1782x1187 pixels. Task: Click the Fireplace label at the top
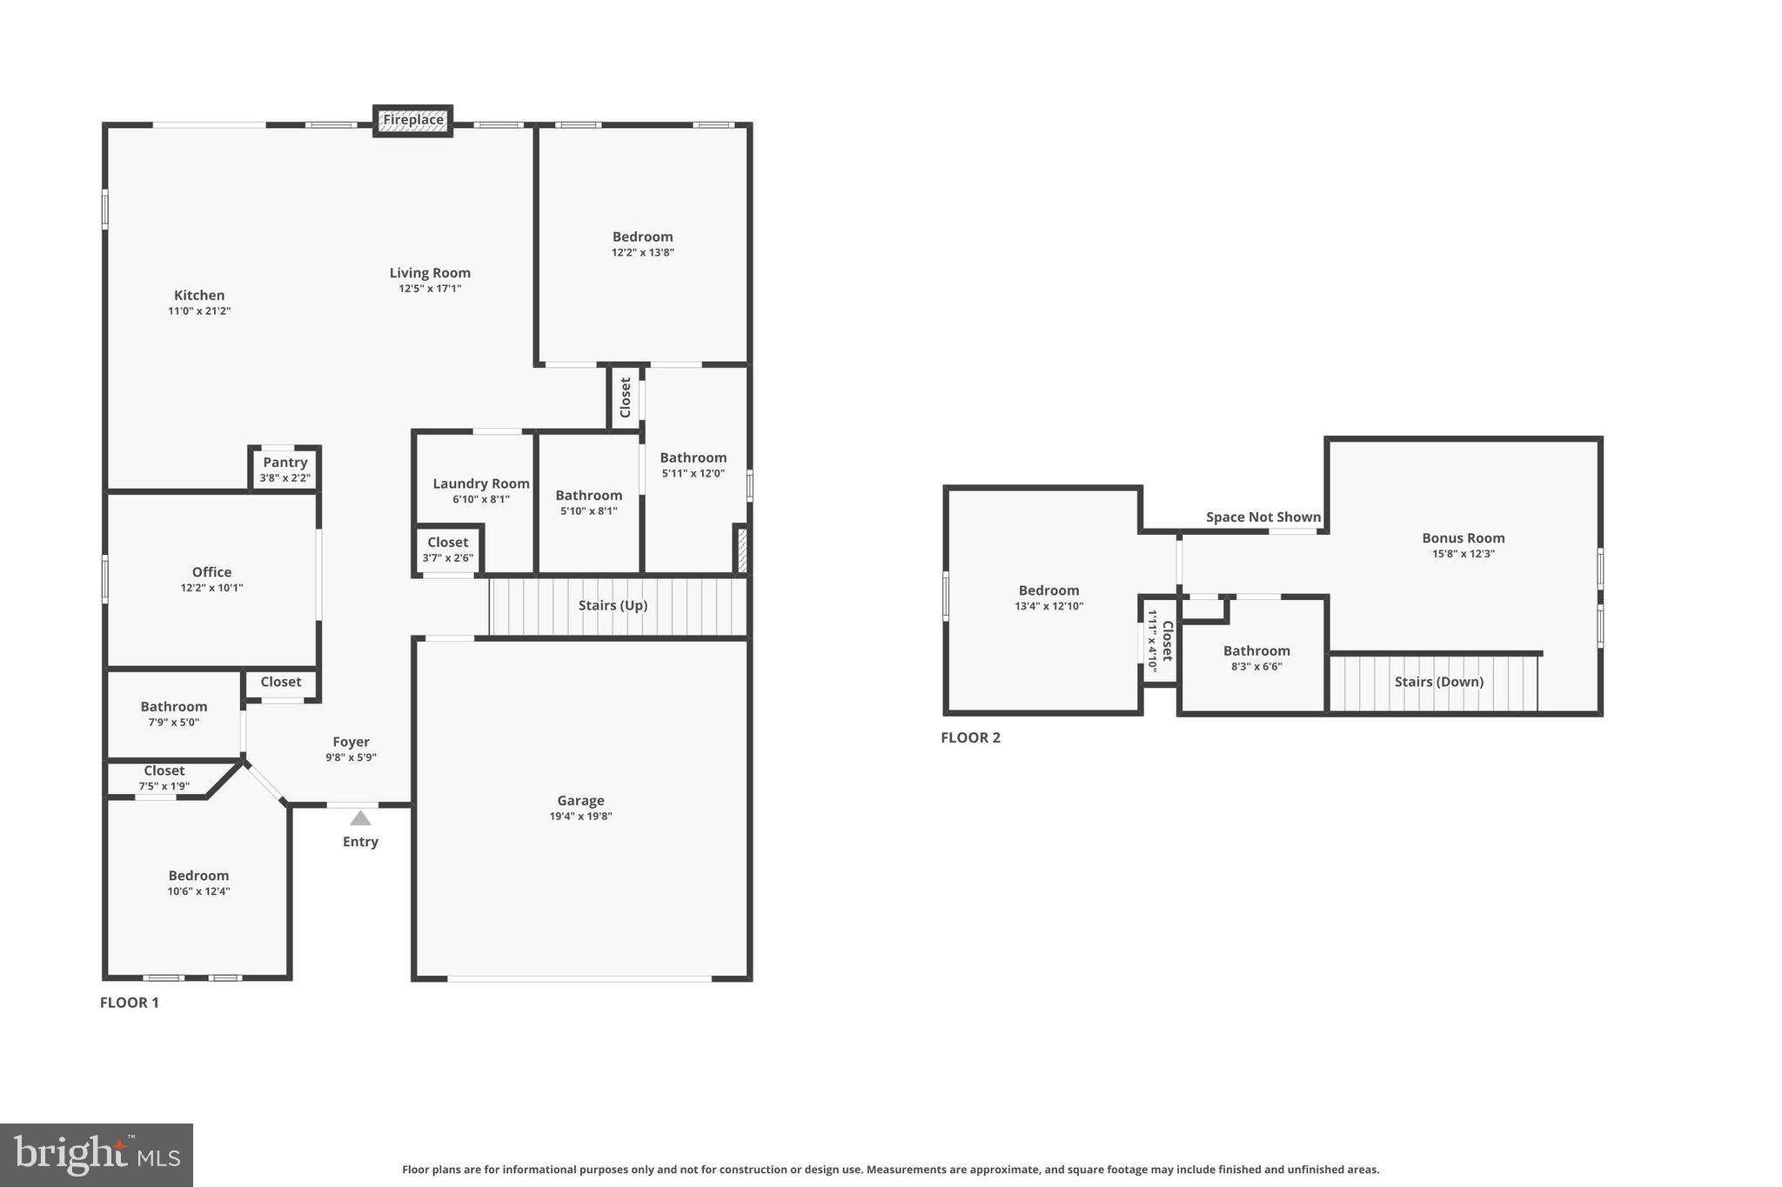click(x=413, y=120)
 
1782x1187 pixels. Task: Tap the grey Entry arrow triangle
click(x=360, y=818)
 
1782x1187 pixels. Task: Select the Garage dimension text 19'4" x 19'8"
click(x=580, y=817)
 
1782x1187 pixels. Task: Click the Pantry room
click(x=285, y=470)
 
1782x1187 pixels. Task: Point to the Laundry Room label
click(x=481, y=483)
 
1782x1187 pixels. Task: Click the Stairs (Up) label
click(x=613, y=605)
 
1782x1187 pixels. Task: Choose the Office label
click(x=211, y=572)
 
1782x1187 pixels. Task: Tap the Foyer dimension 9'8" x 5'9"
click(x=351, y=757)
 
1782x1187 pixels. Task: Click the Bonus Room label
click(x=1463, y=538)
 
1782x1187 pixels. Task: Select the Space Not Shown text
click(x=1263, y=517)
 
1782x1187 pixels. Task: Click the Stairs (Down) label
click(x=1438, y=682)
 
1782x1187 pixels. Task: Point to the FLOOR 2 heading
click(x=970, y=737)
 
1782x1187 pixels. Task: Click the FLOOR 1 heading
click(x=130, y=1003)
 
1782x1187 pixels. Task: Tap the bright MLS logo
click(x=97, y=1155)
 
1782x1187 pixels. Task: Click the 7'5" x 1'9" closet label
click(x=164, y=786)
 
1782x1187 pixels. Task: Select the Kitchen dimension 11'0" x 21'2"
click(x=199, y=311)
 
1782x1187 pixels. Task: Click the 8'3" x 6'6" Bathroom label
click(x=1256, y=658)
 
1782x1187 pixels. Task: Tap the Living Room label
click(x=430, y=273)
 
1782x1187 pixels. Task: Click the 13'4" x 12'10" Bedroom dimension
click(x=1048, y=606)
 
